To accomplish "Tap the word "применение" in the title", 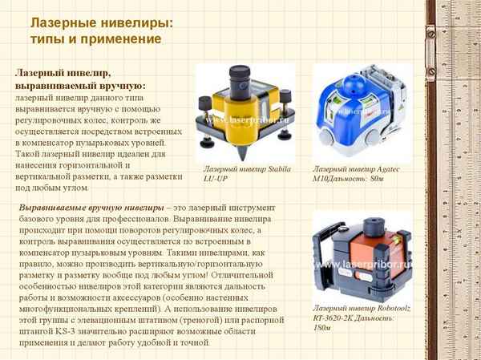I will point(124,38).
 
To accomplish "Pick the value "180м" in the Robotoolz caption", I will point(324,328).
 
